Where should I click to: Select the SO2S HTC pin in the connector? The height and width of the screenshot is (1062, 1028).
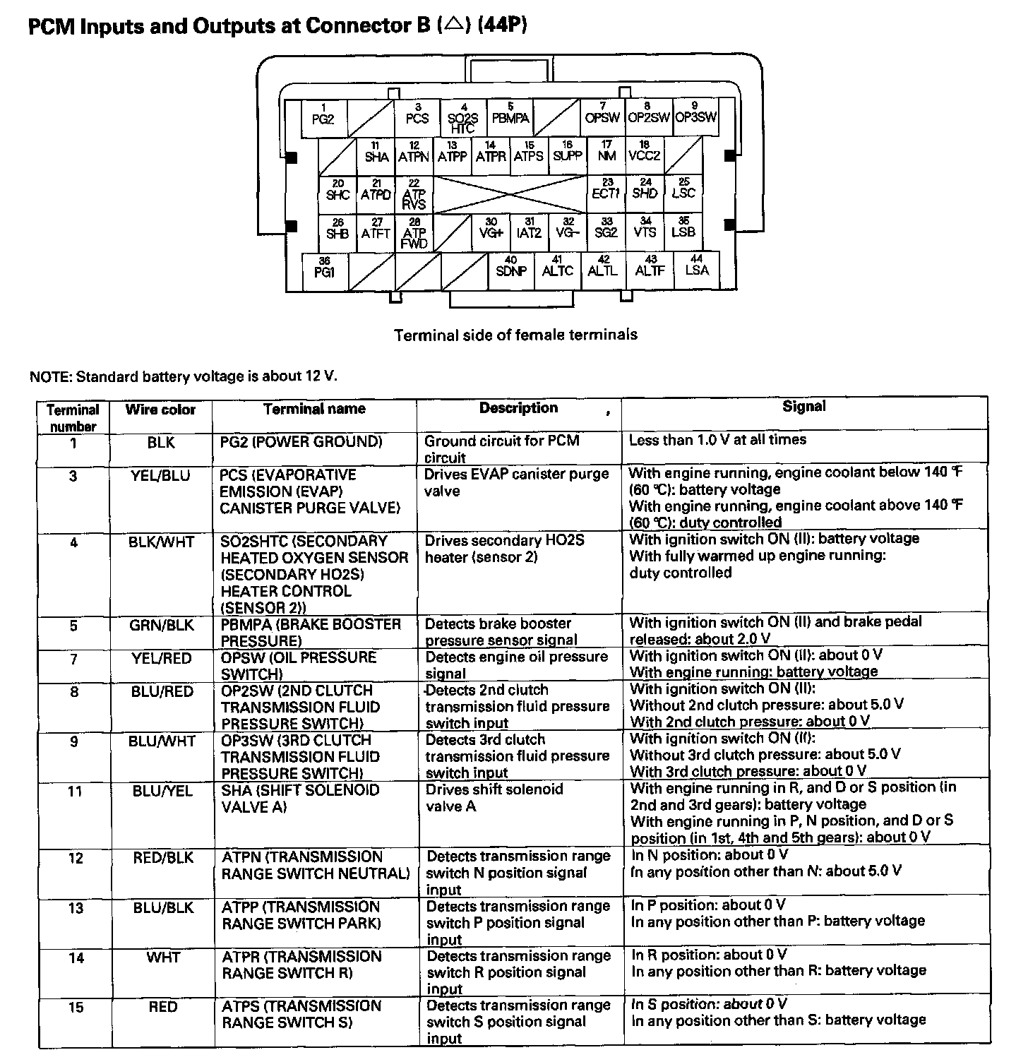(463, 119)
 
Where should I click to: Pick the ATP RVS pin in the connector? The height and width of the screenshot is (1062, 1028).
(414, 194)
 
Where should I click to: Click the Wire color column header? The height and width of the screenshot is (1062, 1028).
(160, 410)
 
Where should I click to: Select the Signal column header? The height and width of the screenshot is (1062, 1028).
(803, 406)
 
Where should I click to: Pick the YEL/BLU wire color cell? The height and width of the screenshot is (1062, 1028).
(160, 476)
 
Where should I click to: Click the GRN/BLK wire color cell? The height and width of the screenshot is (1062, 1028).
(161, 626)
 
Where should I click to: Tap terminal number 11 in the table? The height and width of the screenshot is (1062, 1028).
(75, 792)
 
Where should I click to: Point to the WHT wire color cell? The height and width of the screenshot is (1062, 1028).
(163, 958)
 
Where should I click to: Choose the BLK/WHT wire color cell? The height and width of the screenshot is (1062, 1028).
(161, 542)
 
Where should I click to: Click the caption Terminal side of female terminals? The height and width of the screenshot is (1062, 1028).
(515, 335)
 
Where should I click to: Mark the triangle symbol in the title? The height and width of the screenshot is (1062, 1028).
(454, 26)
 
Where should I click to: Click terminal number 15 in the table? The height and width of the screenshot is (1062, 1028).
(76, 1008)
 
